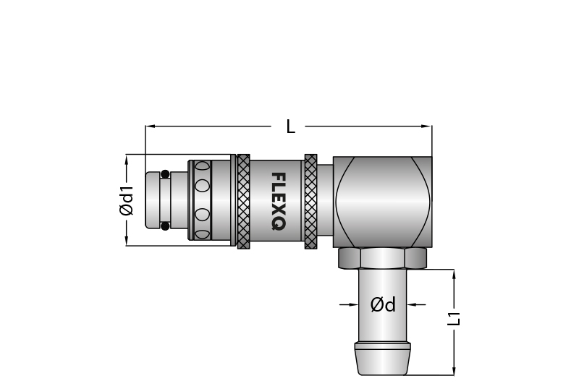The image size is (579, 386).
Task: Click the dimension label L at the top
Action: pyautogui.click(x=290, y=127)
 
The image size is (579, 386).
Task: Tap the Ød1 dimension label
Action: pyautogui.click(x=127, y=200)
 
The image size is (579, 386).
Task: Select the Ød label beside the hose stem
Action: pyautogui.click(x=383, y=305)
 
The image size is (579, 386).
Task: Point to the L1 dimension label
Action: pyautogui.click(x=454, y=318)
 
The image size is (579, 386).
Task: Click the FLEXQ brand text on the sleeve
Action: pyautogui.click(x=277, y=201)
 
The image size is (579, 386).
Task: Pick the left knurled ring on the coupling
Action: pyautogui.click(x=244, y=201)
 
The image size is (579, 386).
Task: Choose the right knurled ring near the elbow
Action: pyautogui.click(x=310, y=201)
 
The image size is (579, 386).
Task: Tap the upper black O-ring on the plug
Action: pyautogui.click(x=165, y=174)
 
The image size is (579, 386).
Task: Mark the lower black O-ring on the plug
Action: pyautogui.click(x=165, y=226)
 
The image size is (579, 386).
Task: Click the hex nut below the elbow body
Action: pyautogui.click(x=383, y=258)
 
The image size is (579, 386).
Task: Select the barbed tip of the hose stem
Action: pyautogui.click(x=383, y=359)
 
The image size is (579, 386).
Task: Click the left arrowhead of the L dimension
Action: pyautogui.click(x=150, y=127)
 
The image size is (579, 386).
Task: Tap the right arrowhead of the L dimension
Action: pyautogui.click(x=428, y=127)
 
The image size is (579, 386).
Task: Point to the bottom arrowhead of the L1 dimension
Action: pyautogui.click(x=454, y=371)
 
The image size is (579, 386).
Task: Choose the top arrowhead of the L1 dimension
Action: pyautogui.click(x=454, y=274)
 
